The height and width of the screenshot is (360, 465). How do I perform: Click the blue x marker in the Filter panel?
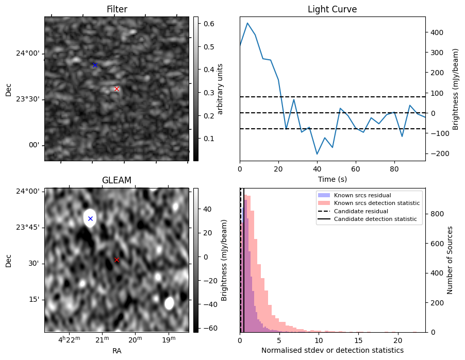95,65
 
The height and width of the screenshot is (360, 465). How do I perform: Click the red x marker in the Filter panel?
117,89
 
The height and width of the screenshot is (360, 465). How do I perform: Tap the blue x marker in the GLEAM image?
90,218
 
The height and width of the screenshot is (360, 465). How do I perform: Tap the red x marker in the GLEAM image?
117,260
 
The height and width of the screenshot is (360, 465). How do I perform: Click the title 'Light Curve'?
332,9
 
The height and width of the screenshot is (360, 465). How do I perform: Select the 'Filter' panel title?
117,9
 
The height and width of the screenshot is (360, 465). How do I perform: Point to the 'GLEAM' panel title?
117,180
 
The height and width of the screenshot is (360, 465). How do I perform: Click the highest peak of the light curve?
247,23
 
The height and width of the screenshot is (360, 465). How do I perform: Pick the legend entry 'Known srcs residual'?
362,196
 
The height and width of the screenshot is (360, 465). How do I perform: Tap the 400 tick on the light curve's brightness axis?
435,32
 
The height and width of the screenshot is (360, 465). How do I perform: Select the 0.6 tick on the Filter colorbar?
207,24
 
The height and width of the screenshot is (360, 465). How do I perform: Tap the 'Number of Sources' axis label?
450,260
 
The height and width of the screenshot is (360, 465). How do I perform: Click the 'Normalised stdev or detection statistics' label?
332,350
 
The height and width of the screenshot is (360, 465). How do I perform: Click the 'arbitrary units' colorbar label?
220,89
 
